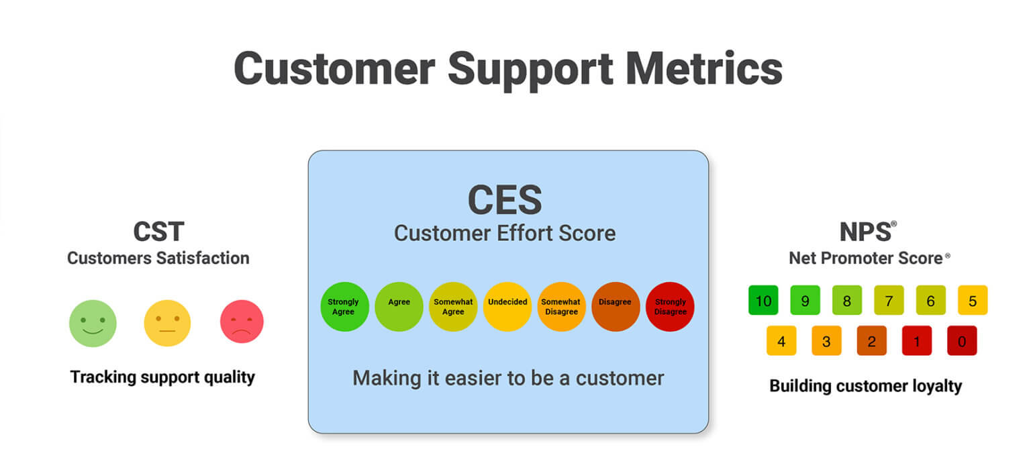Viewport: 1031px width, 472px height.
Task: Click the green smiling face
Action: (x=93, y=323)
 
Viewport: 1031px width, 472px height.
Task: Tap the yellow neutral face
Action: (x=167, y=323)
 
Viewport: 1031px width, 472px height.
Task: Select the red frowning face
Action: (x=242, y=322)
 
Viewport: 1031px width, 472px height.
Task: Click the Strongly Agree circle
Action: (x=344, y=307)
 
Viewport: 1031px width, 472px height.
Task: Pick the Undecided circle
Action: (x=507, y=307)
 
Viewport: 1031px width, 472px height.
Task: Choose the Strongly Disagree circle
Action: (x=670, y=307)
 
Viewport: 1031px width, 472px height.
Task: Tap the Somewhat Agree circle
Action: (x=453, y=307)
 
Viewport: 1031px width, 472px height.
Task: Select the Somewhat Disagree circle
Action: (x=562, y=307)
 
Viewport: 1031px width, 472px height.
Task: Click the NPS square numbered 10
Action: (x=763, y=300)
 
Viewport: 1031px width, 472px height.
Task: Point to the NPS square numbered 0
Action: (x=962, y=341)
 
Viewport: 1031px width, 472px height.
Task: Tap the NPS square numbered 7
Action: (x=889, y=300)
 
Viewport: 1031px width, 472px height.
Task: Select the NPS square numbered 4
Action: (x=781, y=341)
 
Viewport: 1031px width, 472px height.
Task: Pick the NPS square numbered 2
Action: (x=872, y=341)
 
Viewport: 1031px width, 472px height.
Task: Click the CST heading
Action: (x=159, y=231)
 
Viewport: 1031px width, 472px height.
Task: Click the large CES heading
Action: (x=505, y=200)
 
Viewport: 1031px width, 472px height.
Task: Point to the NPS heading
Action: (x=866, y=231)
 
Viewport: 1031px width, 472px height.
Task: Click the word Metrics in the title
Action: (x=703, y=68)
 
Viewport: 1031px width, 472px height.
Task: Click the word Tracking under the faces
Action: (x=103, y=377)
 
